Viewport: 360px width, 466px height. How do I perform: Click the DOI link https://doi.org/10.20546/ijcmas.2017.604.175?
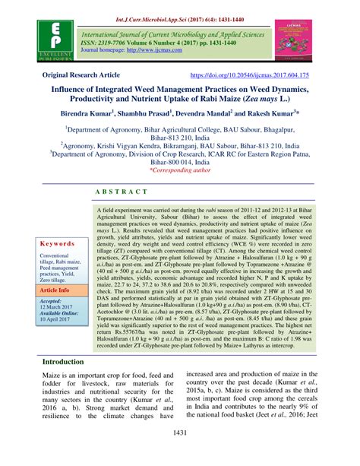(261, 76)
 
